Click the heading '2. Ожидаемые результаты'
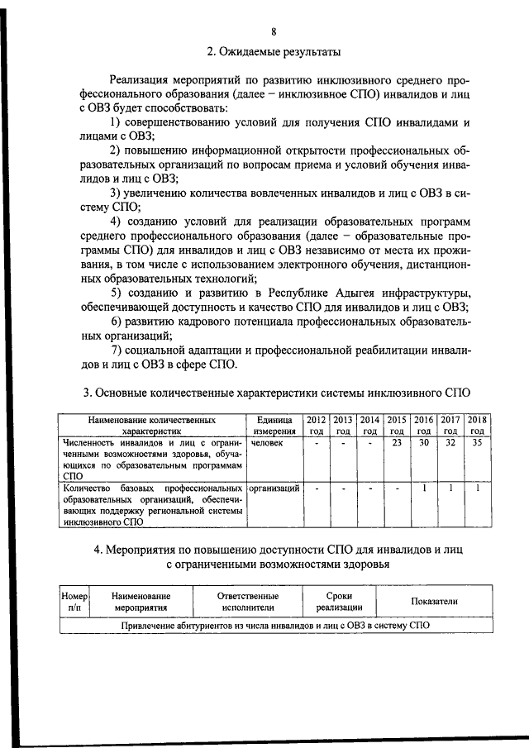click(x=274, y=52)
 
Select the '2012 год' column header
click(x=317, y=425)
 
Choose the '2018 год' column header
click(x=477, y=425)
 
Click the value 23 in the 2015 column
click(x=397, y=443)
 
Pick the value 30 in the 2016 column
click(x=423, y=443)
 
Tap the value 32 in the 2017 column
click(x=450, y=443)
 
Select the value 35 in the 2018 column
click(x=477, y=443)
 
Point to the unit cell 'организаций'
click(x=274, y=488)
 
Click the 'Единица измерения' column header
click(x=274, y=425)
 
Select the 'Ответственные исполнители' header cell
click(x=247, y=601)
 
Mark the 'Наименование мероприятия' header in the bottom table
click(x=141, y=601)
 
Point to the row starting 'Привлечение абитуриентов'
click(x=274, y=626)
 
